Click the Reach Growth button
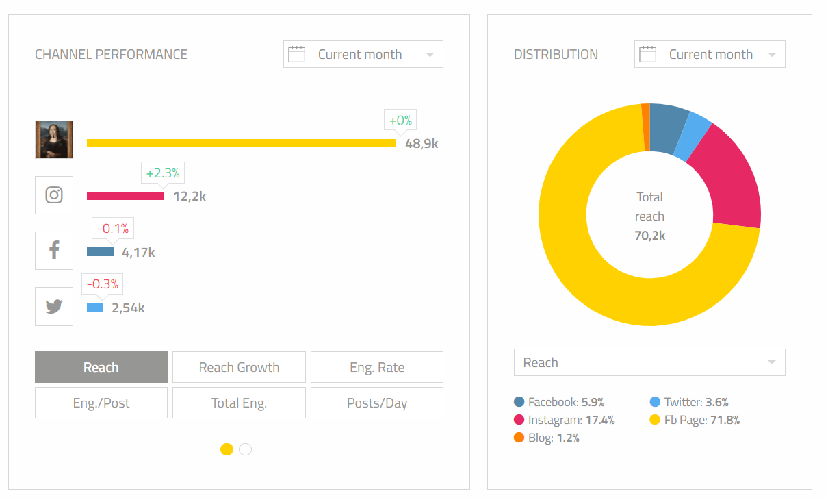[239, 367]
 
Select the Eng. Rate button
[376, 367]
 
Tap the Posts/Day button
[376, 403]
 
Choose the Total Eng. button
[239, 403]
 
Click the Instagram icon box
[54, 195]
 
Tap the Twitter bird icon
[54, 306]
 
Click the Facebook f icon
[54, 251]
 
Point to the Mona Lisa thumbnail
[54, 140]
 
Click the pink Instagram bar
[125, 196]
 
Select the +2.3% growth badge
[163, 173]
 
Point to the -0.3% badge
[103, 284]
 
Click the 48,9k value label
[422, 144]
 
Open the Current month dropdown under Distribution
[710, 55]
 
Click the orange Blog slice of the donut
[645, 127]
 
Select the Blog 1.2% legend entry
[547, 438]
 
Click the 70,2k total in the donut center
[649, 236]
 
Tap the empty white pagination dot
[246, 449]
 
